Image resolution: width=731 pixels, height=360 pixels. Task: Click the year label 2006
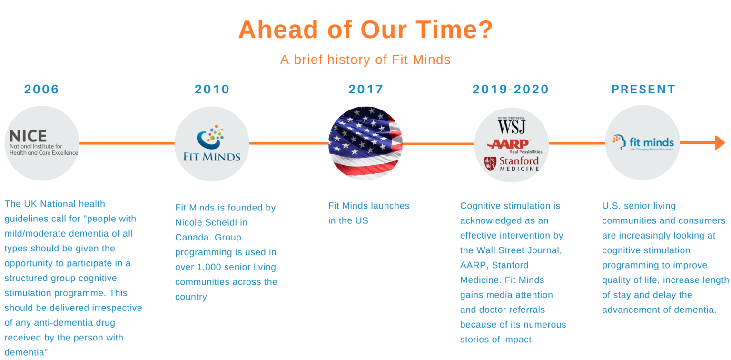click(x=41, y=89)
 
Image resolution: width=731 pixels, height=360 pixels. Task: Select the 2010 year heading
click(x=212, y=89)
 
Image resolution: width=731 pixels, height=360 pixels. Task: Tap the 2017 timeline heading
click(x=366, y=89)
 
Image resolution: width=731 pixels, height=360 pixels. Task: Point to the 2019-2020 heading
click(x=511, y=89)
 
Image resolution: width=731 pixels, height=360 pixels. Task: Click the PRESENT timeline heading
click(x=643, y=89)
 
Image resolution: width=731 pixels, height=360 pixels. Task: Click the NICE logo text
click(x=28, y=136)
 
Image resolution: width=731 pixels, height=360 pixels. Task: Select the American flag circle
click(x=365, y=143)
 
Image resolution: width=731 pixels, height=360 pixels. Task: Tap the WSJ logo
click(x=512, y=125)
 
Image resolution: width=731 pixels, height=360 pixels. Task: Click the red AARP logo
click(x=509, y=144)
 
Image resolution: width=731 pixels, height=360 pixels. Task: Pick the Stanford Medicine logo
click(x=512, y=164)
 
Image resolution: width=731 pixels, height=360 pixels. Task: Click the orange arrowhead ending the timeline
click(x=720, y=142)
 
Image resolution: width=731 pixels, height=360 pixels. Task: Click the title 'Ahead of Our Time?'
click(x=365, y=30)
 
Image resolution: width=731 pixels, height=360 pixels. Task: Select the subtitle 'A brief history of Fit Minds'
click(x=365, y=60)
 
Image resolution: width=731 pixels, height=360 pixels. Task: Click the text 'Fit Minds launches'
click(x=369, y=206)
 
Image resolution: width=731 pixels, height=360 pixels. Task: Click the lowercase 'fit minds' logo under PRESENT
click(x=643, y=143)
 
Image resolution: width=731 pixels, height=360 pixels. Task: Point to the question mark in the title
click(x=485, y=30)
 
